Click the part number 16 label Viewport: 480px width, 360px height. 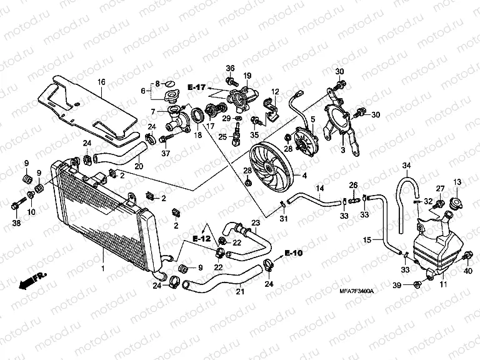click(101, 82)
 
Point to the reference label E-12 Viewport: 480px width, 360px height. click(201, 239)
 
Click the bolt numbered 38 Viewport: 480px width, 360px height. click(16, 204)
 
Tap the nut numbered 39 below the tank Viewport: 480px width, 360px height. click(417, 286)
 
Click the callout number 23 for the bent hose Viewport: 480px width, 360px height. click(255, 223)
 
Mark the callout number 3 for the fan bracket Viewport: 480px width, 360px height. click(342, 150)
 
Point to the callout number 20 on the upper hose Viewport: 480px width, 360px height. click(138, 166)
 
